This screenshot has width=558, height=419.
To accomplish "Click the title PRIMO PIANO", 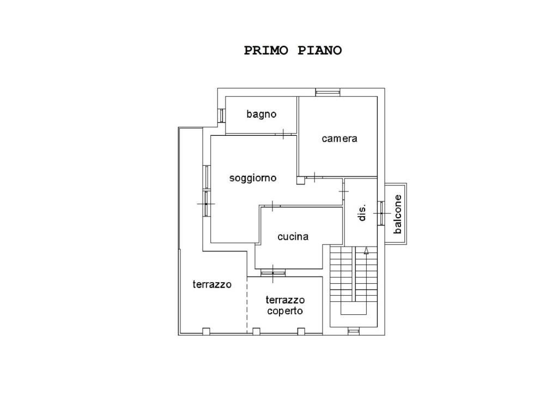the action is pos(293,51).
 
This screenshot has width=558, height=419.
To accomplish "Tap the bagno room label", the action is pos(262,115).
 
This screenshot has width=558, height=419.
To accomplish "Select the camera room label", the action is pos(339,139).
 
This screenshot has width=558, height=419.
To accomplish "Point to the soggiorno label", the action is pos(253,178).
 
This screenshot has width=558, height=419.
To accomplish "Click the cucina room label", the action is pos(293,237).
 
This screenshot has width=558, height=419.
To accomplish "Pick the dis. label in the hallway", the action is pos(362,213).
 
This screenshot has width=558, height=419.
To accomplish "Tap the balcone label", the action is pos(397,214).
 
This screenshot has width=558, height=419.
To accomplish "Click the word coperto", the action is pos(285,311).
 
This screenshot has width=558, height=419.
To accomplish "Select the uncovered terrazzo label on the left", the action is pos(212,284).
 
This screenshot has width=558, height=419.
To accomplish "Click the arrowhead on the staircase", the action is pos(366,250).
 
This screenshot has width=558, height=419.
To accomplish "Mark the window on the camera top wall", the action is pos(327,92).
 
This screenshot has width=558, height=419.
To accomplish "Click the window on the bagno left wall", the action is pos(221,116).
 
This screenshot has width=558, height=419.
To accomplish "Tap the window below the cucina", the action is pos(273,273).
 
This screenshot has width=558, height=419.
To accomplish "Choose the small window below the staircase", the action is pos(353,331).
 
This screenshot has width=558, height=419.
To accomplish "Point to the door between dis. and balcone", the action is pos(381,213).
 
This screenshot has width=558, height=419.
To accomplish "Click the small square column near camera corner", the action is pos(301,181).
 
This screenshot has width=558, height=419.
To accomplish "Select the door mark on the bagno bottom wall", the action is pos(283,134).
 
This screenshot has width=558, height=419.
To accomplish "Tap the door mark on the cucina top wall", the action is pos(272,206).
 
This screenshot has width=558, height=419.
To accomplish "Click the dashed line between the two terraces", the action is pos(247,304).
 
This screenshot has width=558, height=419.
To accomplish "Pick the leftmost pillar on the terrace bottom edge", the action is pos(206,331).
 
